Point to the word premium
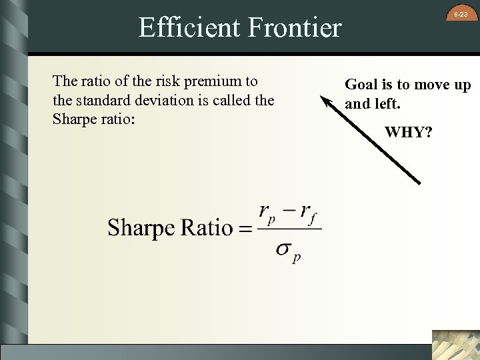[214, 81]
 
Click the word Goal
[361, 85]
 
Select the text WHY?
[409, 132]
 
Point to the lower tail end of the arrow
[419, 182]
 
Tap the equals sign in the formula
[245, 229]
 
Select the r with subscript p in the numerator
[267, 213]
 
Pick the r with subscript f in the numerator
[307, 213]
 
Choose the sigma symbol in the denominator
[283, 249]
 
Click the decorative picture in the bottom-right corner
[455, 345]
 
